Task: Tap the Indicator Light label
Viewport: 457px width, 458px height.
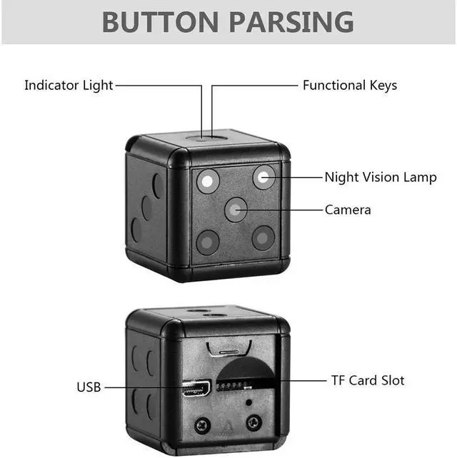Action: coord(69,85)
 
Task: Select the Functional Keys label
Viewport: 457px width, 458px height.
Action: coord(349,85)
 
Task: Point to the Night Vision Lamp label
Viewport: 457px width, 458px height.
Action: coord(380,177)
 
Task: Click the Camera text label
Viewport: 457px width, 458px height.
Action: coord(348,210)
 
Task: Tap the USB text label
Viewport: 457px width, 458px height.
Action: coord(89,387)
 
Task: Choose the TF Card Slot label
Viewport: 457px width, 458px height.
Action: coord(368,381)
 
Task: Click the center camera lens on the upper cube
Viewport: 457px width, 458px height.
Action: coord(236,209)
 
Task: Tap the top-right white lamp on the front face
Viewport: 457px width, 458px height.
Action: coord(264,178)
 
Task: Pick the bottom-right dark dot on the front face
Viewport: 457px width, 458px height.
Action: coord(263,238)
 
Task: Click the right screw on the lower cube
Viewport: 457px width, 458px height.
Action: coord(251,423)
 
